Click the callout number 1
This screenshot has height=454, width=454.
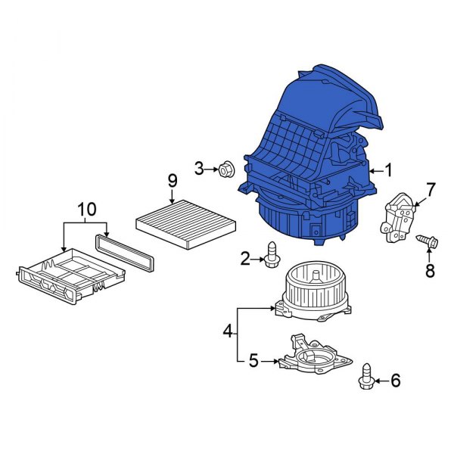click(x=387, y=170)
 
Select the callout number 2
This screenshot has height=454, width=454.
click(x=245, y=259)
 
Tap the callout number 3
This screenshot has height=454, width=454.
click(x=199, y=169)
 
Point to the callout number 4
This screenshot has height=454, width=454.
click(x=228, y=331)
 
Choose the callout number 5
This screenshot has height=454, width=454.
click(x=253, y=361)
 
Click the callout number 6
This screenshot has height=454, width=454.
click(x=396, y=380)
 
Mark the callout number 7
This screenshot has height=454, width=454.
click(x=431, y=190)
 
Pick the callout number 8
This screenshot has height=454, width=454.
click(x=430, y=271)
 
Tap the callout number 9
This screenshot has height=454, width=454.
click(x=173, y=181)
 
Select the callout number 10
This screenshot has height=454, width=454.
click(x=86, y=209)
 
